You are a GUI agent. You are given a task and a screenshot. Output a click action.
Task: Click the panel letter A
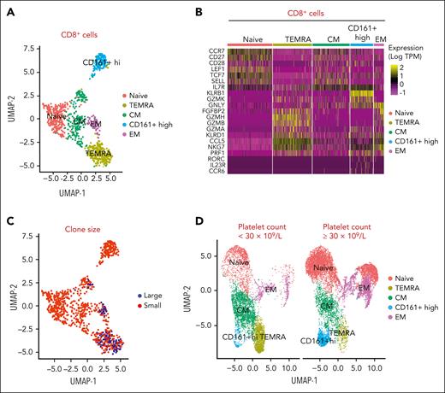point(9,8)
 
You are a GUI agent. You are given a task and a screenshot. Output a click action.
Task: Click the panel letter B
point(222,8)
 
